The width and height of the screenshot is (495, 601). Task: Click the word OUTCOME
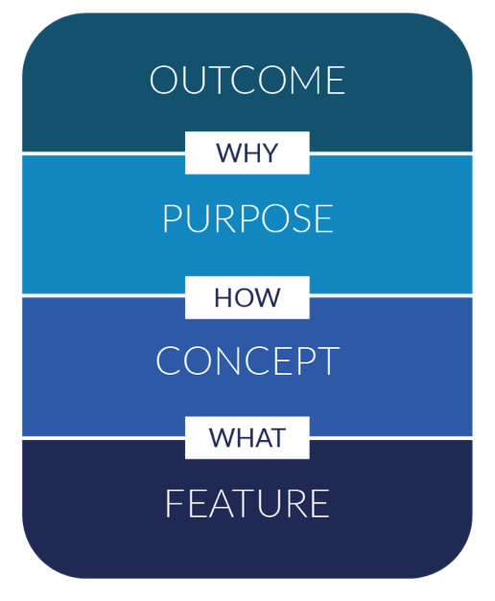(x=247, y=80)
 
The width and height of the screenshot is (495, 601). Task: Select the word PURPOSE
(x=247, y=219)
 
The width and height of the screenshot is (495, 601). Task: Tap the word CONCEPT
(x=247, y=360)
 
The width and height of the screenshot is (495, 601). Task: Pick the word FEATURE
(x=247, y=503)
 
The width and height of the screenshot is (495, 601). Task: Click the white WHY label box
(x=247, y=153)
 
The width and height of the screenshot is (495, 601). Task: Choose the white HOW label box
(x=247, y=297)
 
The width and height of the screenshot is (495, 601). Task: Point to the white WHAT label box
(x=247, y=438)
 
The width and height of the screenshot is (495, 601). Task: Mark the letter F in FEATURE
(x=174, y=503)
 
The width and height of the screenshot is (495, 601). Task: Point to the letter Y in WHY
(x=269, y=153)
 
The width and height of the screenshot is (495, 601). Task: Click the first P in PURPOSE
(x=172, y=219)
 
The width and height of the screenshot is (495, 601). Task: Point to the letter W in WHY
(x=228, y=153)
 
